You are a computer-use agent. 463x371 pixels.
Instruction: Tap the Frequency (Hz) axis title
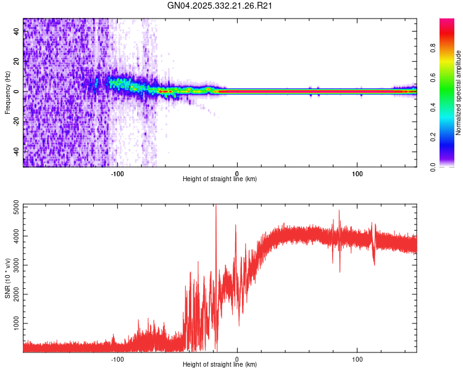(7, 93)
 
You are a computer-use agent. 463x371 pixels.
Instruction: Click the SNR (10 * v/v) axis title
(7, 278)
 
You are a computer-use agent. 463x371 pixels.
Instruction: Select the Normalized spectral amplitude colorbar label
(459, 93)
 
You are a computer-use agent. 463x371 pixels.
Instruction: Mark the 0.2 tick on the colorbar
(433, 137)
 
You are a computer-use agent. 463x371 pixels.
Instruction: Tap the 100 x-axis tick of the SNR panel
(357, 359)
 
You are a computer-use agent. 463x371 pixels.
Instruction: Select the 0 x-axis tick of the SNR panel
(238, 359)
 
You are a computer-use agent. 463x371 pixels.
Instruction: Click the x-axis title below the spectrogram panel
(220, 179)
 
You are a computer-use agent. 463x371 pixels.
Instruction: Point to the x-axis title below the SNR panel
(220, 365)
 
